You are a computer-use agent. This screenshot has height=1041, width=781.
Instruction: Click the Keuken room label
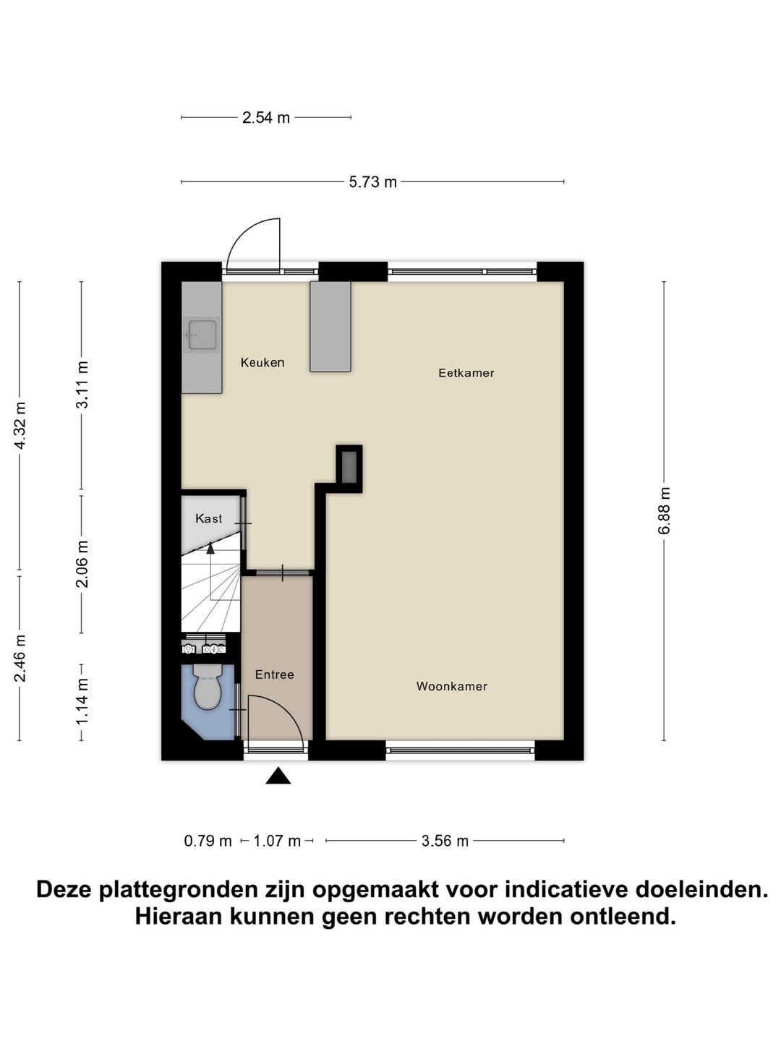[263, 363]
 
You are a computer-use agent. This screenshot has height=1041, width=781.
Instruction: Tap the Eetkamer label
[466, 373]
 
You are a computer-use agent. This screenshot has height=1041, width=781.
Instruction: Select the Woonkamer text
[452, 687]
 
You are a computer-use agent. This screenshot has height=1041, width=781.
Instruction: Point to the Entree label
[275, 674]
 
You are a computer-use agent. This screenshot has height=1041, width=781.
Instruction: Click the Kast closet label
[209, 518]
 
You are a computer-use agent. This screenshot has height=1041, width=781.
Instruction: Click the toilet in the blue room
[208, 687]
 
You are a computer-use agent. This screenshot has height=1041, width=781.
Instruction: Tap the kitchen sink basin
[202, 335]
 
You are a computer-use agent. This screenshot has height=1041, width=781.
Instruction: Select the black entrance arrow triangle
[278, 776]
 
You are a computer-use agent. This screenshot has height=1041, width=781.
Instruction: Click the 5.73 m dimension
[373, 182]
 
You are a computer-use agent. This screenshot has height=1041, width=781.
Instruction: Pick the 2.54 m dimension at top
[266, 118]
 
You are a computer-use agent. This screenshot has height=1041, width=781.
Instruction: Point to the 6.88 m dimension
[665, 510]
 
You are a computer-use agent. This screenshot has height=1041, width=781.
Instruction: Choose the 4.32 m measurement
[20, 425]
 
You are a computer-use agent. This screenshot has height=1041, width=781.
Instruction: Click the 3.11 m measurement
[82, 385]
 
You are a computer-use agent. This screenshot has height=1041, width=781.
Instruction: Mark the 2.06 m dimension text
[82, 564]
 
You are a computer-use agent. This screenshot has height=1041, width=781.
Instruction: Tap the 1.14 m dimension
[82, 701]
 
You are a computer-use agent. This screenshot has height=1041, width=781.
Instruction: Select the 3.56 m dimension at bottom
[445, 841]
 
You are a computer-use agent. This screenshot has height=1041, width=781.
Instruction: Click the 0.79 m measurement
[208, 841]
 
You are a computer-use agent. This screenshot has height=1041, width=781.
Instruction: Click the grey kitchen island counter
[330, 327]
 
